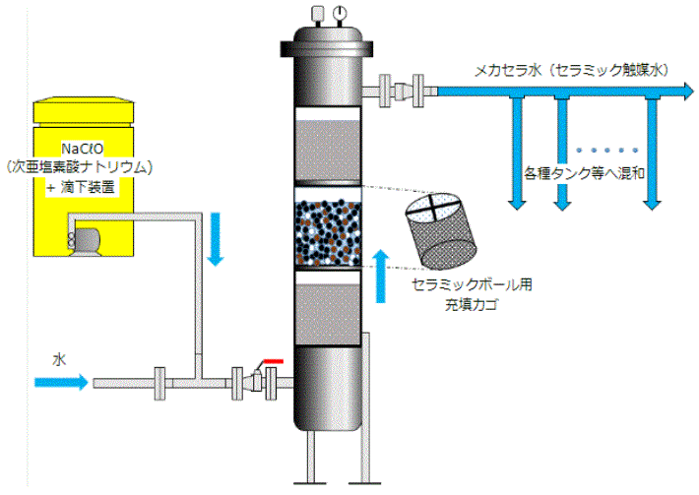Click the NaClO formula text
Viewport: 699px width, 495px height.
[x=81, y=150]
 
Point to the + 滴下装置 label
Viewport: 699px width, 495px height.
[x=82, y=185]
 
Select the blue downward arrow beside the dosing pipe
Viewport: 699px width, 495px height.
[x=217, y=243]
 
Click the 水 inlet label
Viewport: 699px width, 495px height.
[x=58, y=359]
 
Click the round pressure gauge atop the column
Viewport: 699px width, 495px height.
[x=338, y=13]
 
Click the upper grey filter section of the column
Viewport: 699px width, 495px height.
[x=332, y=148]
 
